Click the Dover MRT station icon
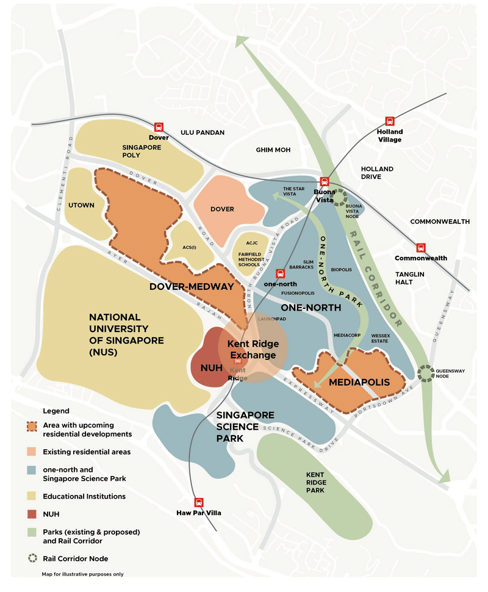tap(159, 127)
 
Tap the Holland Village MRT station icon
tap(390, 121)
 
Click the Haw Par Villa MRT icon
tap(198, 502)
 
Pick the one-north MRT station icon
tap(281, 273)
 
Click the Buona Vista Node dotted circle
tap(339, 197)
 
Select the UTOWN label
tap(81, 205)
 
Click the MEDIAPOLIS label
tap(359, 383)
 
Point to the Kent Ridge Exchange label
tap(251, 350)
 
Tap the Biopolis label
tap(341, 269)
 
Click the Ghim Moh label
tap(273, 150)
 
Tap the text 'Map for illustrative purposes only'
tap(82, 574)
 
